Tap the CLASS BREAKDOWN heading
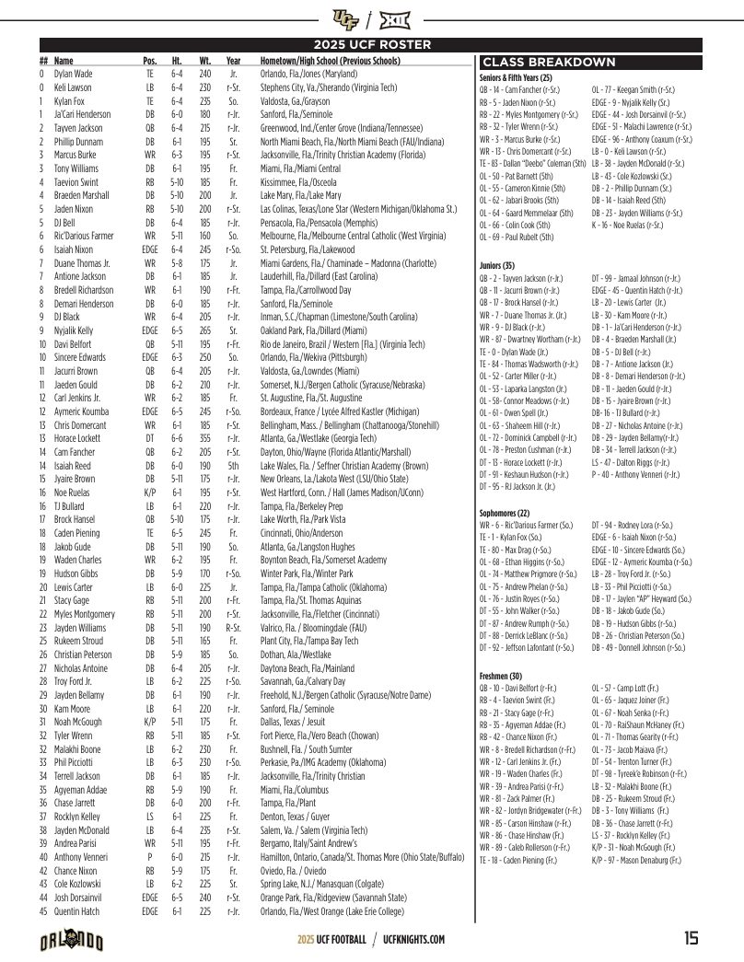549,63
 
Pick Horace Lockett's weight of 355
204,438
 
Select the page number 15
691,939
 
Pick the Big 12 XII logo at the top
395,17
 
